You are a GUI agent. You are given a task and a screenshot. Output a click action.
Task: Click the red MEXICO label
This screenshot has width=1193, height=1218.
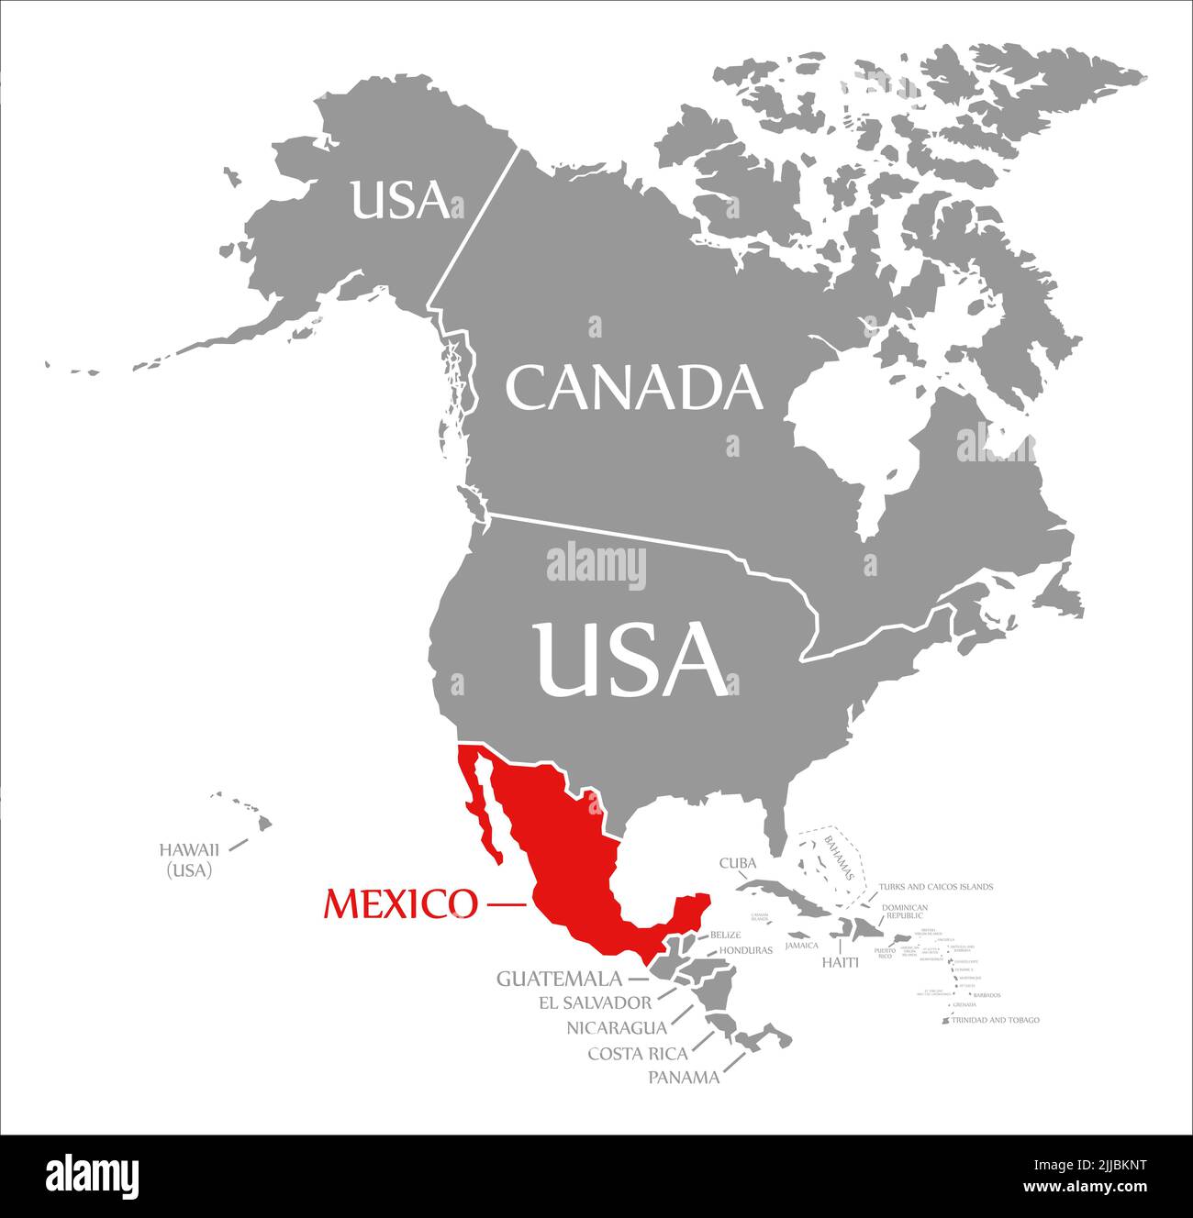400,904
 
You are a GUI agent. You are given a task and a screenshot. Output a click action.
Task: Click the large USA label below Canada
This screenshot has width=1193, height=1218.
632,659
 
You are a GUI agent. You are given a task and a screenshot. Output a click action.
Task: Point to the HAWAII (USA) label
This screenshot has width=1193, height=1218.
189,860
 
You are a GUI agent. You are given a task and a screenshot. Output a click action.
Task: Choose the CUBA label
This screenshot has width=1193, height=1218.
737,863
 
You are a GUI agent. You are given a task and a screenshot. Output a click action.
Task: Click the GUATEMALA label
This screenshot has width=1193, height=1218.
558,979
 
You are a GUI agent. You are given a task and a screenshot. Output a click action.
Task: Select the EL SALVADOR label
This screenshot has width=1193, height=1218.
596,1003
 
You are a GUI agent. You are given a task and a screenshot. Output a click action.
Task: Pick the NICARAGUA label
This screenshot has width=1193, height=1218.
617,1028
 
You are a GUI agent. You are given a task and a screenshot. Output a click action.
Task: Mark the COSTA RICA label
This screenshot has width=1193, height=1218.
638,1053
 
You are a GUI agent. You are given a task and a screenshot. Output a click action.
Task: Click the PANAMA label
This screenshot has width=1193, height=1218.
684,1078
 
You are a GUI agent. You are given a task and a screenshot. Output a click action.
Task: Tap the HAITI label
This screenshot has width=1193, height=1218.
840,962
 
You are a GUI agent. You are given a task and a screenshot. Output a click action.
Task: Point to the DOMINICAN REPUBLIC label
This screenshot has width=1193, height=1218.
905,912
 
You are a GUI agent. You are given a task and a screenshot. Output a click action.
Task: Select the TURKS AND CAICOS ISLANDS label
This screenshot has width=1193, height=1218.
935,887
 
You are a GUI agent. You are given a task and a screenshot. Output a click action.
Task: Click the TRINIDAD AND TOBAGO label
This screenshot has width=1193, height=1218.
996,1020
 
